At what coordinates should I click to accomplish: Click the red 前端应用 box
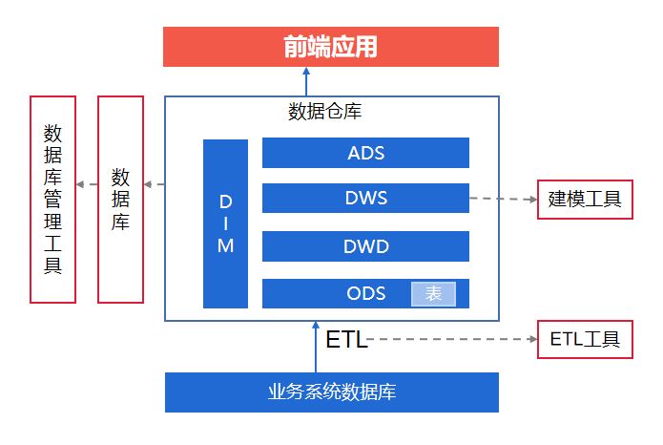click(330, 47)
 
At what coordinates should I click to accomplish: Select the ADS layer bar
click(365, 153)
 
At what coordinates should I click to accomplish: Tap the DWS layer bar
click(365, 199)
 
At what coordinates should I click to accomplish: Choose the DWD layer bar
click(365, 246)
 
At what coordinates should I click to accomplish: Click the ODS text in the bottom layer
click(366, 293)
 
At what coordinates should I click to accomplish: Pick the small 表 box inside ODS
click(433, 294)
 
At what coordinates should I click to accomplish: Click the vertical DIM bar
click(225, 224)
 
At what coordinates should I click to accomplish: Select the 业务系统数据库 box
click(331, 392)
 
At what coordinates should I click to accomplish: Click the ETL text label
click(346, 340)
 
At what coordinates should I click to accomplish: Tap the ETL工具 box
click(585, 339)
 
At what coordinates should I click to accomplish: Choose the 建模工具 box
click(585, 200)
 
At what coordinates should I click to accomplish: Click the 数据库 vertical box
click(121, 200)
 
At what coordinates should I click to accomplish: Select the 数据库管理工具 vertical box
click(52, 200)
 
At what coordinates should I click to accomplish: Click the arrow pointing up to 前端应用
click(306, 80)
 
